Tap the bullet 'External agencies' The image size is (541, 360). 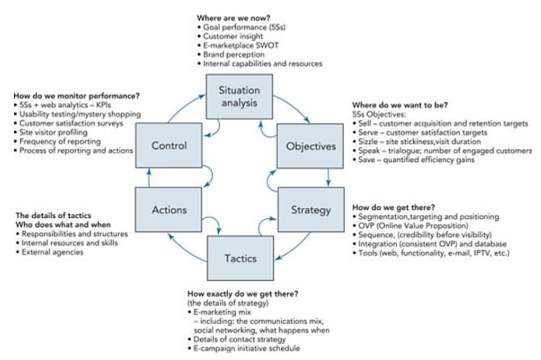pyautogui.click(x=52, y=252)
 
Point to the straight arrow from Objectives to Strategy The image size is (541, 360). pyautogui.click(x=328, y=178)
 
